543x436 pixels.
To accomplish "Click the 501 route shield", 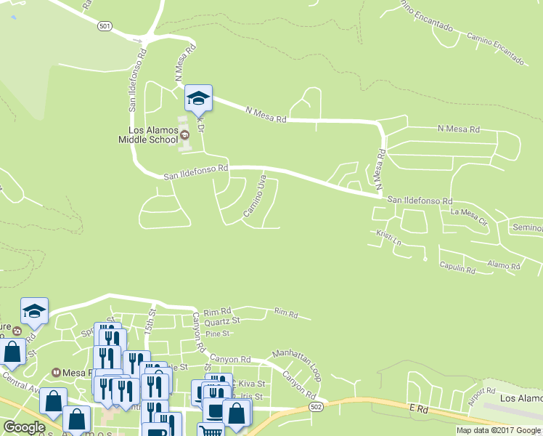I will tap(105, 26).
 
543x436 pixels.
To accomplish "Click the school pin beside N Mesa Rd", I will tap(198, 97).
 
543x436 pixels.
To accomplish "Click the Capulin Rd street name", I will tap(457, 267).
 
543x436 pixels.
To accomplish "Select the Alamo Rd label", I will tap(504, 266).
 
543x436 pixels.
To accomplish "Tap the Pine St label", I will tap(217, 334).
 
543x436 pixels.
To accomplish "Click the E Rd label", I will tap(415, 410).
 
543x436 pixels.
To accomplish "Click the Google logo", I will tap(24, 427).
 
